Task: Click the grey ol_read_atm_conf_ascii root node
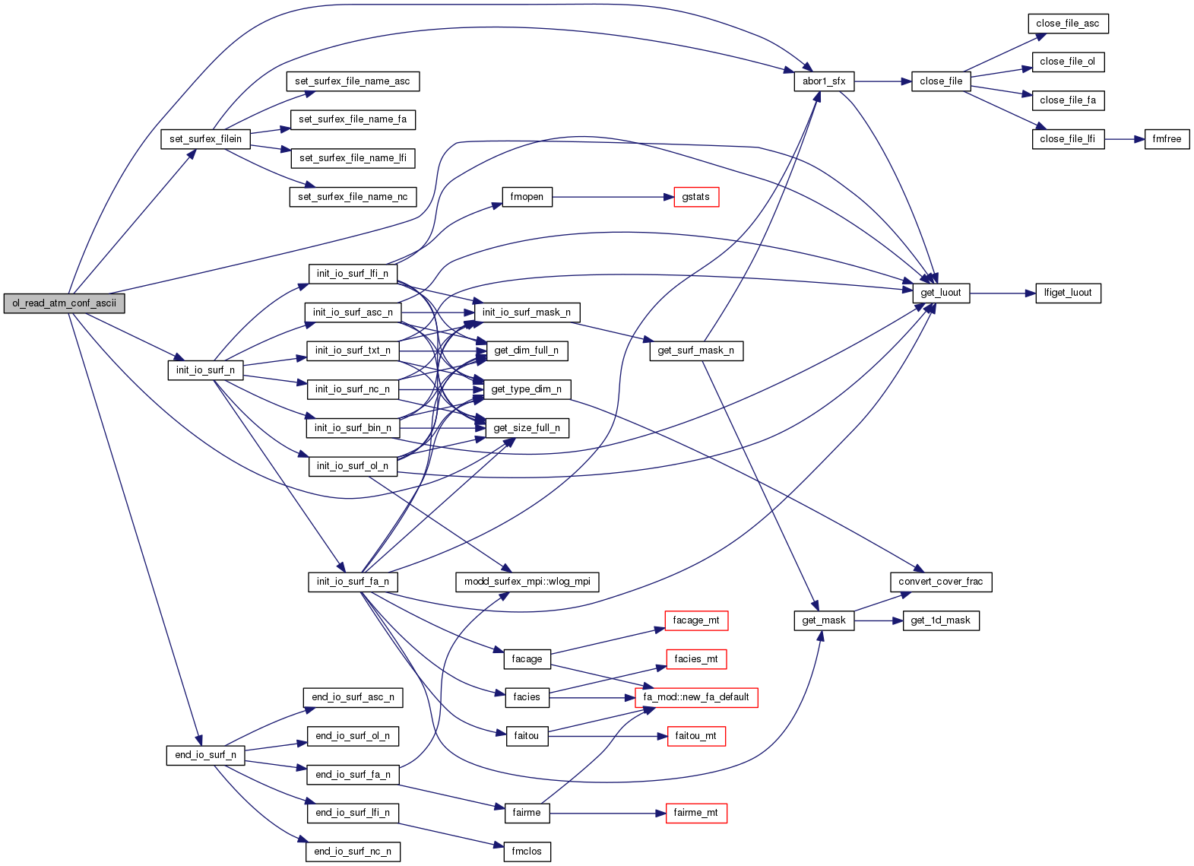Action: (x=64, y=303)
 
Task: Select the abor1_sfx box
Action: (x=824, y=81)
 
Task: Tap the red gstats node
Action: (x=695, y=197)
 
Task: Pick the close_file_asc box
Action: (x=1067, y=24)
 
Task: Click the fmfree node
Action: (x=1167, y=139)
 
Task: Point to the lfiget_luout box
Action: (x=1068, y=293)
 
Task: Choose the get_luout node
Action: (x=941, y=293)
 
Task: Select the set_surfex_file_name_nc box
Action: (x=353, y=197)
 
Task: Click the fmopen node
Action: (x=527, y=197)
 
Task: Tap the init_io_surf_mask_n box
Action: (x=527, y=312)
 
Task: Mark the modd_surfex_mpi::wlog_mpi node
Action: (x=527, y=582)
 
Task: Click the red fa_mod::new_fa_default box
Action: (x=696, y=697)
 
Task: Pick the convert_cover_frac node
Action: (x=940, y=582)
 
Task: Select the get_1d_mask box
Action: (x=940, y=620)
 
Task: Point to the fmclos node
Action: (x=527, y=852)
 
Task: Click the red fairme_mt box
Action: (x=695, y=813)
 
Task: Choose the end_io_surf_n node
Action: (x=205, y=755)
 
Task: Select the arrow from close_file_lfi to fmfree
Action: (x=1124, y=139)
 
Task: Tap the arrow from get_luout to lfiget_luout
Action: (x=1002, y=293)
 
